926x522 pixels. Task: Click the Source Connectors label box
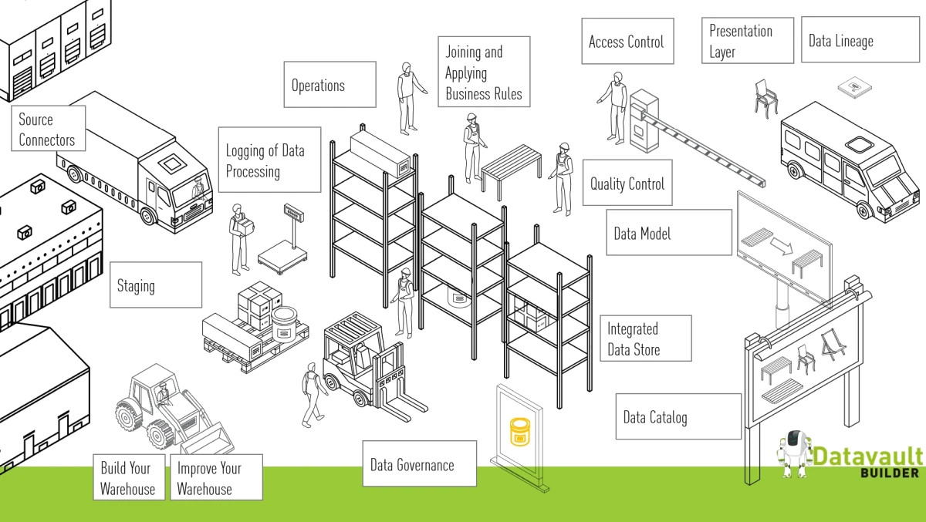click(x=48, y=129)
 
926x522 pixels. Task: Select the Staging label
click(x=155, y=285)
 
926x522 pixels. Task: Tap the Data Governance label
click(x=419, y=464)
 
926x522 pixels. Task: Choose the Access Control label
click(x=627, y=42)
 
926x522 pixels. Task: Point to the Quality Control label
click(x=627, y=184)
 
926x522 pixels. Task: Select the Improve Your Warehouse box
click(x=215, y=478)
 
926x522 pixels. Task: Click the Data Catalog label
click(x=678, y=417)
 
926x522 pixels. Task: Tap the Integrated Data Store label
click(x=644, y=338)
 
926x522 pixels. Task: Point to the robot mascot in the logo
click(x=794, y=453)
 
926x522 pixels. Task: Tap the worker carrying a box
click(x=239, y=238)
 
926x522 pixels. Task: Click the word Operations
click(x=318, y=86)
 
